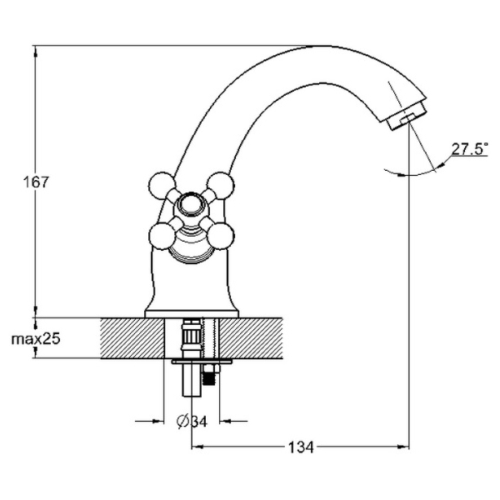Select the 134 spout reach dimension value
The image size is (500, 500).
click(301, 447)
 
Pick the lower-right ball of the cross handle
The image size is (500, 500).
click(220, 236)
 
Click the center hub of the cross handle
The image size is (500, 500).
click(191, 207)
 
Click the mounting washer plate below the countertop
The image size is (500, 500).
click(202, 363)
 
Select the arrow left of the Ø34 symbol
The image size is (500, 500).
click(155, 421)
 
